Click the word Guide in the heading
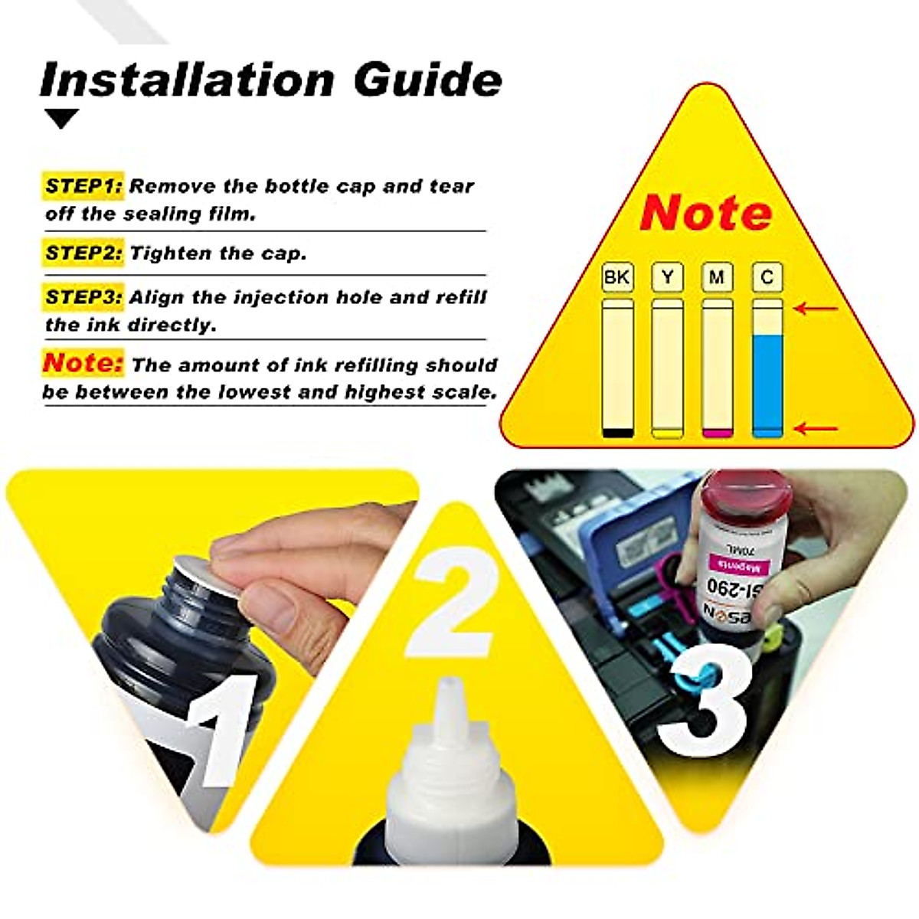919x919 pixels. tap(427, 79)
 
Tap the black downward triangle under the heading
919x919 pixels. tap(61, 119)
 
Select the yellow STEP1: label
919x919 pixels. tap(83, 186)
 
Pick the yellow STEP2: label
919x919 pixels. tap(83, 253)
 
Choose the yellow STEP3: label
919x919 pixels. tap(83, 297)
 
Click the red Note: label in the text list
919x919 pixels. tap(83, 362)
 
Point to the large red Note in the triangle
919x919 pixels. tap(705, 212)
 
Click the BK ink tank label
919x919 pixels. tap(617, 277)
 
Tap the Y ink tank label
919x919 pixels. tap(667, 277)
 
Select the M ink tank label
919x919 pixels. tap(717, 277)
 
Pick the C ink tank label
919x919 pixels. tap(767, 277)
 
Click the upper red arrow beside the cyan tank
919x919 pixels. tap(816, 309)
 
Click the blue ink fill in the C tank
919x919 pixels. tap(767, 383)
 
